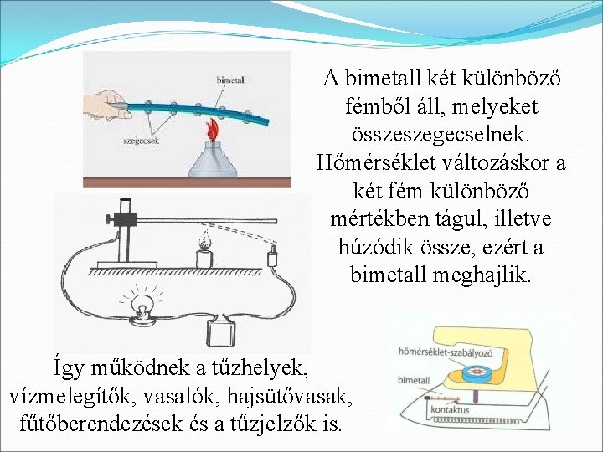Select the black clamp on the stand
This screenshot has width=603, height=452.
pos(126,218)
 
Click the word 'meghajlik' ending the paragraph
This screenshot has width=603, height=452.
pos(490,275)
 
